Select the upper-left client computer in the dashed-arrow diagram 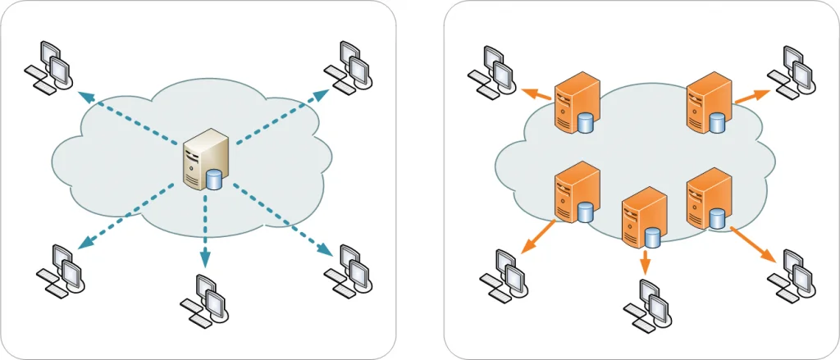pos(48,66)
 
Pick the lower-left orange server pos(577,194)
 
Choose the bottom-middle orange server pos(643,218)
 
